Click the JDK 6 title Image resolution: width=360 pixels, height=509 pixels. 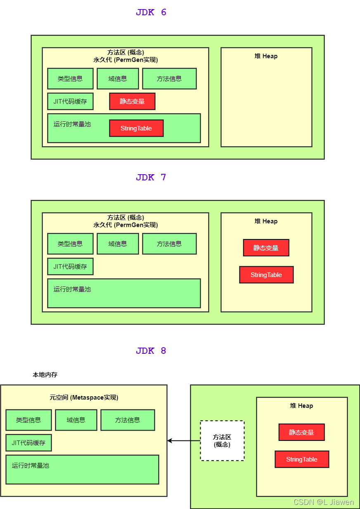coord(151,12)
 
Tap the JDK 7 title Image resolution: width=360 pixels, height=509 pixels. coord(151,178)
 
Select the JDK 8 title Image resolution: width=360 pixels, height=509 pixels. coord(151,351)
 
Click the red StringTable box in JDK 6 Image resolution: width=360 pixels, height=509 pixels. coord(136,128)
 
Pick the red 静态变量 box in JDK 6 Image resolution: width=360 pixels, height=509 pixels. coord(132,102)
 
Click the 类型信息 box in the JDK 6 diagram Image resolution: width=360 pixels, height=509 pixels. coord(70,79)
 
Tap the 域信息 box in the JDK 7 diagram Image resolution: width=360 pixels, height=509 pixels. coord(118,244)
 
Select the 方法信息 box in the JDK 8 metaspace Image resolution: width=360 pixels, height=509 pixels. coord(128,420)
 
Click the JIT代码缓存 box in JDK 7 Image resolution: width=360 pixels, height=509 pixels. coord(70,267)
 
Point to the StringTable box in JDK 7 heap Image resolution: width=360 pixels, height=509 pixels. coord(266,275)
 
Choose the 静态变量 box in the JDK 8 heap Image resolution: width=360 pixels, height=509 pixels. coord(301,433)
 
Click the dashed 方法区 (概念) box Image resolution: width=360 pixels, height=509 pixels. coord(222,441)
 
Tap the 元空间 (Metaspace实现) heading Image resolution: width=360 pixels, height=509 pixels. coord(84,398)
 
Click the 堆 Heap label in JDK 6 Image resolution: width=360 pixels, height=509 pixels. coord(266,56)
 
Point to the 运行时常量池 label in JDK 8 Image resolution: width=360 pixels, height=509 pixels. coord(31,466)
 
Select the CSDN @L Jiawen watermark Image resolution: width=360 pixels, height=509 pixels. coord(323,502)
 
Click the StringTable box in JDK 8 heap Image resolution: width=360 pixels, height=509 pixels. coord(302,459)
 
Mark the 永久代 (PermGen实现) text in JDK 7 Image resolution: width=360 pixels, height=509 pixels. coord(126,225)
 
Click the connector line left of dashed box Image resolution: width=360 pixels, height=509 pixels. coord(195,441)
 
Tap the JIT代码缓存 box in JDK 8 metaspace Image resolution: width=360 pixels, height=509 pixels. coord(28,443)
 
